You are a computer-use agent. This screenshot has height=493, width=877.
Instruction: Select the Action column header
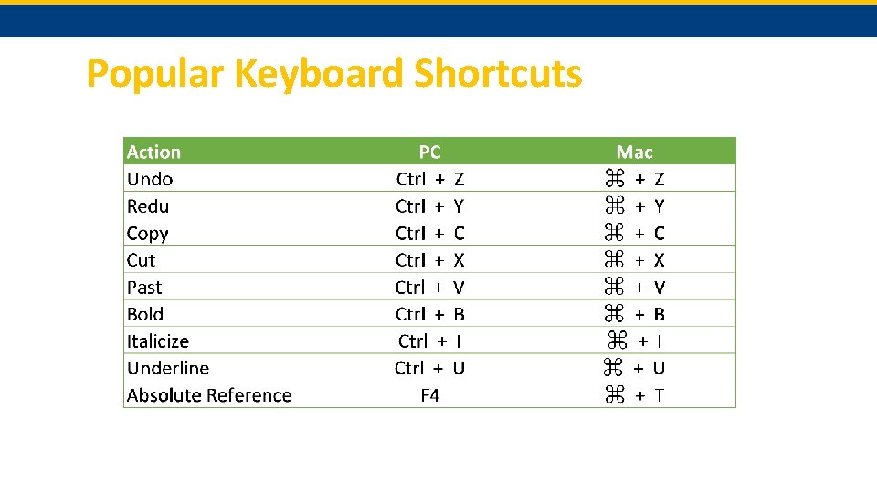(x=153, y=152)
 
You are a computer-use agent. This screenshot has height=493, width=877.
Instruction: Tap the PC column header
(x=429, y=152)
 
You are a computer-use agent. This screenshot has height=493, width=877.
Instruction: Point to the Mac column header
(x=634, y=152)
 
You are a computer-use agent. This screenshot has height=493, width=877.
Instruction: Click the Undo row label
(x=150, y=179)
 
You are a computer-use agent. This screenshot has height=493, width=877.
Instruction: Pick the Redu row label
(x=148, y=206)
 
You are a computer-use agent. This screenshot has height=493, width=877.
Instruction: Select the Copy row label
(x=147, y=233)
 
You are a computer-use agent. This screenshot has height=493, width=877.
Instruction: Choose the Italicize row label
(x=158, y=341)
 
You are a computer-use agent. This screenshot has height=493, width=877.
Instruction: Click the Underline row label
(x=168, y=368)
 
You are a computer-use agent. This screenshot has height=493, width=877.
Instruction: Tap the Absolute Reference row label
(x=209, y=395)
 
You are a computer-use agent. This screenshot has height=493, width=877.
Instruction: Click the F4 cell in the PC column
(x=429, y=395)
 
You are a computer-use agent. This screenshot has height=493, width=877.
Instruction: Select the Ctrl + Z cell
(x=429, y=179)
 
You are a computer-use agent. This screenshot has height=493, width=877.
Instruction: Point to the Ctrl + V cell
(x=429, y=288)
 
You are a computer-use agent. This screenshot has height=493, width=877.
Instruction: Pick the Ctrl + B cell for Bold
(x=429, y=314)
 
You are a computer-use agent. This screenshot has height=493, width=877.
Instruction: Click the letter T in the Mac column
(x=660, y=395)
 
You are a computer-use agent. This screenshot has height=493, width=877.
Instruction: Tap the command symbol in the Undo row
(x=613, y=179)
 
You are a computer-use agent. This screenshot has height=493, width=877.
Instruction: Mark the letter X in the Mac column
(x=660, y=260)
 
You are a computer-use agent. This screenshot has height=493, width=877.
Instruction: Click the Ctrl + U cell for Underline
(x=429, y=368)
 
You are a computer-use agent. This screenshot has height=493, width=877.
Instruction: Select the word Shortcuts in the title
(x=497, y=74)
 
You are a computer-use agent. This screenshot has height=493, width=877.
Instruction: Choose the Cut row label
(x=141, y=260)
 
